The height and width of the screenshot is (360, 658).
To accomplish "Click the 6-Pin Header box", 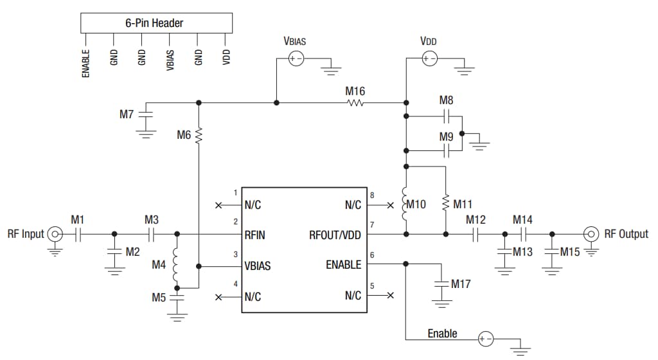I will (x=156, y=23).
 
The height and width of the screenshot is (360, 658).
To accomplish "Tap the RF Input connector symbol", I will (x=56, y=235).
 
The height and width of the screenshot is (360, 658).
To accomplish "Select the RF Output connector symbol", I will (x=591, y=234).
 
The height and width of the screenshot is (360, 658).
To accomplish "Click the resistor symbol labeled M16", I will (x=355, y=102).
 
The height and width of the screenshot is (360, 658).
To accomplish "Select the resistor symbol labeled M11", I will (x=445, y=204).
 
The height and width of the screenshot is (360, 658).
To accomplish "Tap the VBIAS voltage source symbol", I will (x=296, y=59).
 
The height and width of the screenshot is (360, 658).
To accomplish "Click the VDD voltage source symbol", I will (x=429, y=59).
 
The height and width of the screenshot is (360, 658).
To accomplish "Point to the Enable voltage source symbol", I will (x=486, y=339).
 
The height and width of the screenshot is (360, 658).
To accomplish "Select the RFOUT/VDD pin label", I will (x=335, y=235).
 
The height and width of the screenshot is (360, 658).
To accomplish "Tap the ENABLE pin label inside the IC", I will (x=344, y=265).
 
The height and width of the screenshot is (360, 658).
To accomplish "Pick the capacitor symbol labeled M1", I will (x=78, y=235).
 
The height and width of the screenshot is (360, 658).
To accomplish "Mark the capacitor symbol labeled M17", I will (x=441, y=283).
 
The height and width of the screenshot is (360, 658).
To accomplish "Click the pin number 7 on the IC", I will (x=372, y=225).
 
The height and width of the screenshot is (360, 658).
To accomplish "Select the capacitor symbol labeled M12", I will (x=476, y=235).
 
